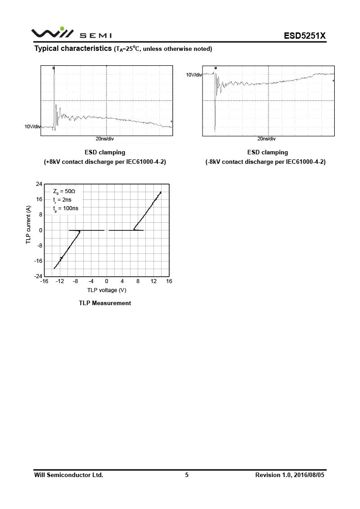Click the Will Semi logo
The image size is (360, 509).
click(x=71, y=33)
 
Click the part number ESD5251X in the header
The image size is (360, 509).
click(x=304, y=36)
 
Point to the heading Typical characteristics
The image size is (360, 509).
click(x=73, y=49)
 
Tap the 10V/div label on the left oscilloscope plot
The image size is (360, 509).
click(x=32, y=127)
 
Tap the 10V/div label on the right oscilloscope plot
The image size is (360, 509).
click(x=194, y=75)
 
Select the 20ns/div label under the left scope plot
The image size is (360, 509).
click(x=104, y=139)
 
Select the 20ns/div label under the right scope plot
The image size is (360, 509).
click(x=267, y=139)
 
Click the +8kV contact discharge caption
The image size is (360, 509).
click(x=105, y=162)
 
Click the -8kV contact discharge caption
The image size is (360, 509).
click(x=265, y=162)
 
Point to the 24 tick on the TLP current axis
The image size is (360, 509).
click(x=39, y=184)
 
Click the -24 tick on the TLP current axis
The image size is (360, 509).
click(x=38, y=276)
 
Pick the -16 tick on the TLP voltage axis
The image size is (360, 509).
click(x=44, y=281)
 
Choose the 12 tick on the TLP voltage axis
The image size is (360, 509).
click(x=153, y=281)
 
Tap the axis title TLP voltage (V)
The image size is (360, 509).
click(x=107, y=290)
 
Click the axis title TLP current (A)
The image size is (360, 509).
click(x=28, y=225)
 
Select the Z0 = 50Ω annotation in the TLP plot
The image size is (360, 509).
click(x=64, y=191)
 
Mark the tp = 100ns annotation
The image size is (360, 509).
click(x=65, y=208)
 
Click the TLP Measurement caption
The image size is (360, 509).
click(x=105, y=303)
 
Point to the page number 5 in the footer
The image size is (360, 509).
click(x=187, y=475)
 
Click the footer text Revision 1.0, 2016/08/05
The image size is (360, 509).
click(x=289, y=475)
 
